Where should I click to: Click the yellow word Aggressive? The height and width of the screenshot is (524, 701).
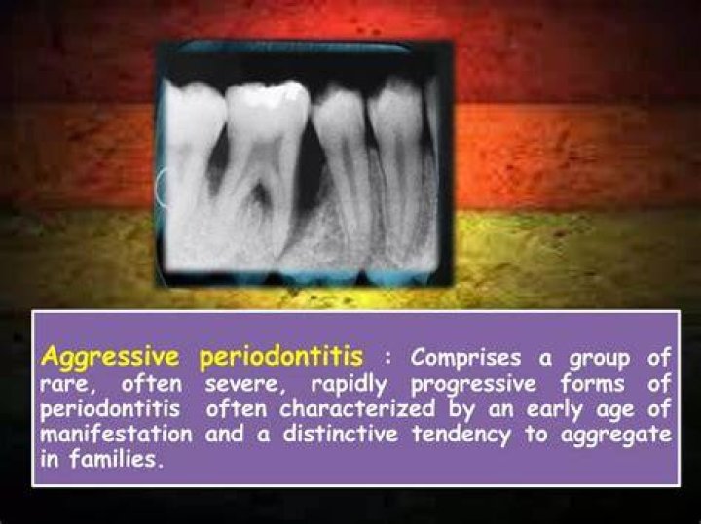click(110, 359)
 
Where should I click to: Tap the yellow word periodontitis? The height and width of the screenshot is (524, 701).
click(281, 358)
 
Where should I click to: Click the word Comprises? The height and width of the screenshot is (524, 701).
click(465, 359)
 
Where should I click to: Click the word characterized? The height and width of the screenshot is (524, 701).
click(356, 409)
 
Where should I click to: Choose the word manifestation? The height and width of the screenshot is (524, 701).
click(117, 435)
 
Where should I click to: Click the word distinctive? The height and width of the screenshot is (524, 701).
click(340, 435)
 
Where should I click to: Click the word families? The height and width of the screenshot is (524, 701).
click(115, 459)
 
